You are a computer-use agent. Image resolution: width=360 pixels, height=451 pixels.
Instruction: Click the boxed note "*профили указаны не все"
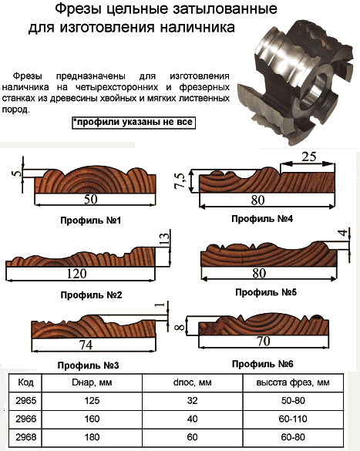point(133,123)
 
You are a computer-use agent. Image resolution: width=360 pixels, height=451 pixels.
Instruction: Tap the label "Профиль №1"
point(90,220)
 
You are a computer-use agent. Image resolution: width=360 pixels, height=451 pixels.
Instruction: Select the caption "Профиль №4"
point(262,219)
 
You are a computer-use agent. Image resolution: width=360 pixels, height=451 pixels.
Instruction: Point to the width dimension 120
point(76,273)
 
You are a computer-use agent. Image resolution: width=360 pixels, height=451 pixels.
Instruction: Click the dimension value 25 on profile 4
point(309,157)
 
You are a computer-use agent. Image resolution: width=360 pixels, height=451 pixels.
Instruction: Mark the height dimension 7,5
point(180,180)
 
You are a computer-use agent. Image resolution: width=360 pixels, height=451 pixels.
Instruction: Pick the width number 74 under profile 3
point(86,345)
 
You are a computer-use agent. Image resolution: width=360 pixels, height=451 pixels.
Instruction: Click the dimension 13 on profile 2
point(164,239)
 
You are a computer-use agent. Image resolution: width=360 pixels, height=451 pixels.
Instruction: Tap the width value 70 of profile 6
point(263,341)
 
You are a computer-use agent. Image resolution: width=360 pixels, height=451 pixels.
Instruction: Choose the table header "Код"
point(25,382)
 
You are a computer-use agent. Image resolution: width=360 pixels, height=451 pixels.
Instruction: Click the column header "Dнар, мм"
point(92,382)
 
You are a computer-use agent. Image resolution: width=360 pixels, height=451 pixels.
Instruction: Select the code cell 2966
point(26,419)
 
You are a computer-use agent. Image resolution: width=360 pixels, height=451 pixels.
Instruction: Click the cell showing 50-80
point(293,401)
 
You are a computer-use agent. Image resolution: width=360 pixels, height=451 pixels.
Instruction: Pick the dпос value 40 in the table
point(192,419)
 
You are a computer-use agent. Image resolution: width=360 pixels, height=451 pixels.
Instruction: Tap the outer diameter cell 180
point(92,437)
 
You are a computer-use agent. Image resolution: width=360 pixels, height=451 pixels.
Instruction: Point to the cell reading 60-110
point(293,419)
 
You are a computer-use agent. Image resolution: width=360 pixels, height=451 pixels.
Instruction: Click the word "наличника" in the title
point(197,27)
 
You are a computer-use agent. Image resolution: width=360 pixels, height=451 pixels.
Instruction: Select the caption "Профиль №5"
point(266,292)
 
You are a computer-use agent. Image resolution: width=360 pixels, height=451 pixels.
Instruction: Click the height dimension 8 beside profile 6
point(180,327)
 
